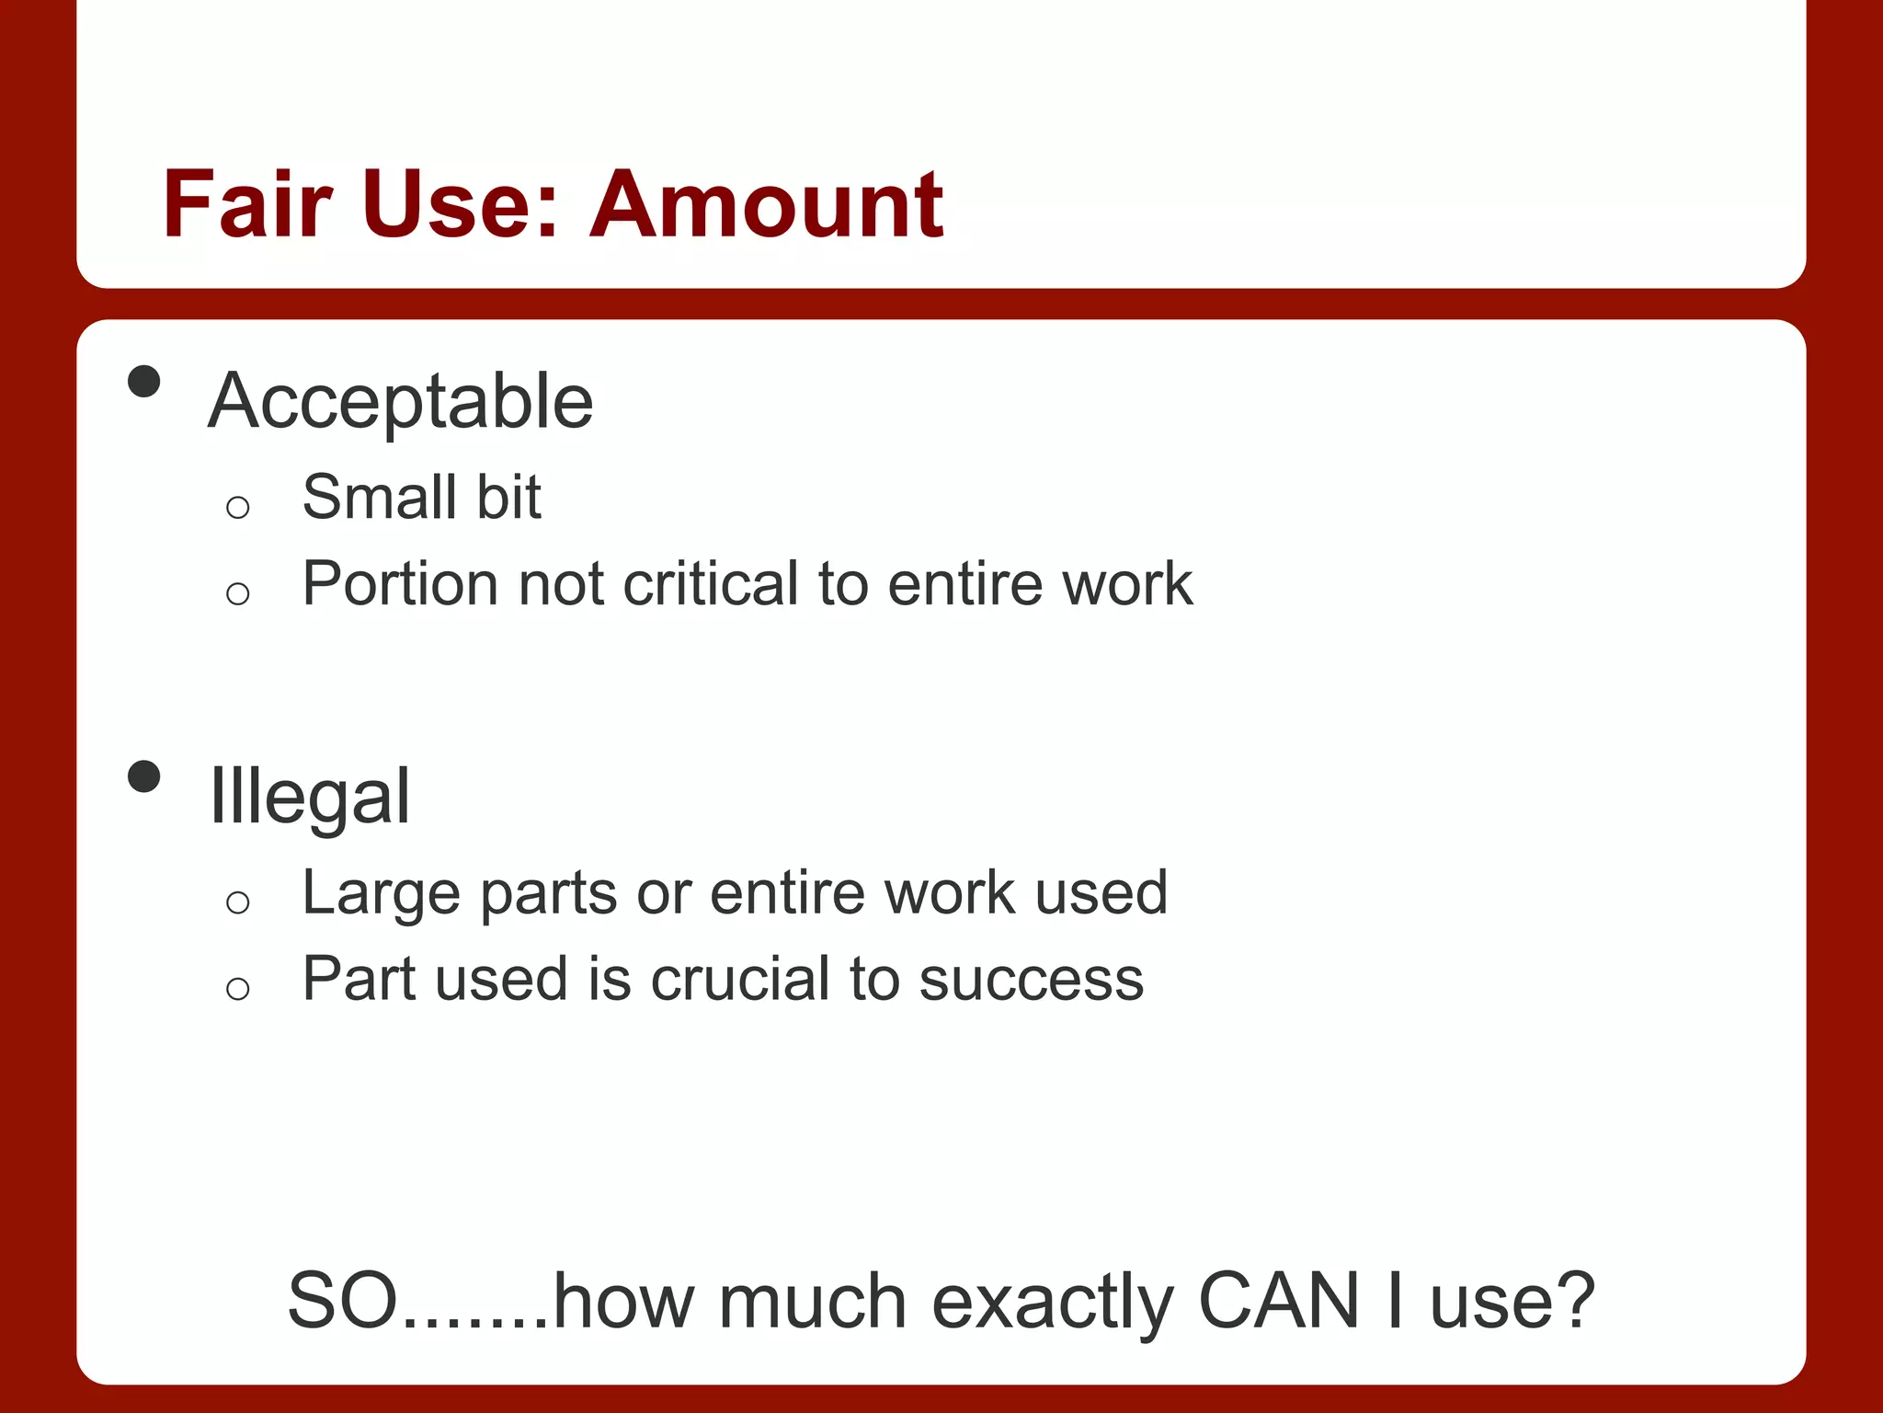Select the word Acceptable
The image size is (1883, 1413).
tap(401, 401)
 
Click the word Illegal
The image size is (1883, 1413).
tap(310, 797)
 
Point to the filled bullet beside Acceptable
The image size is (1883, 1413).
tap(144, 381)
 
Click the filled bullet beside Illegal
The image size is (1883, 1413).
tap(144, 776)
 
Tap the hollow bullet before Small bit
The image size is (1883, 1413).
tap(237, 507)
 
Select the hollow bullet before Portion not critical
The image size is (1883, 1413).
tap(237, 593)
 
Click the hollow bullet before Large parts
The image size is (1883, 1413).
tap(237, 902)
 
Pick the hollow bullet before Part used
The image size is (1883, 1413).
tap(237, 989)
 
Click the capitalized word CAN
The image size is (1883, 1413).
tap(1279, 1301)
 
